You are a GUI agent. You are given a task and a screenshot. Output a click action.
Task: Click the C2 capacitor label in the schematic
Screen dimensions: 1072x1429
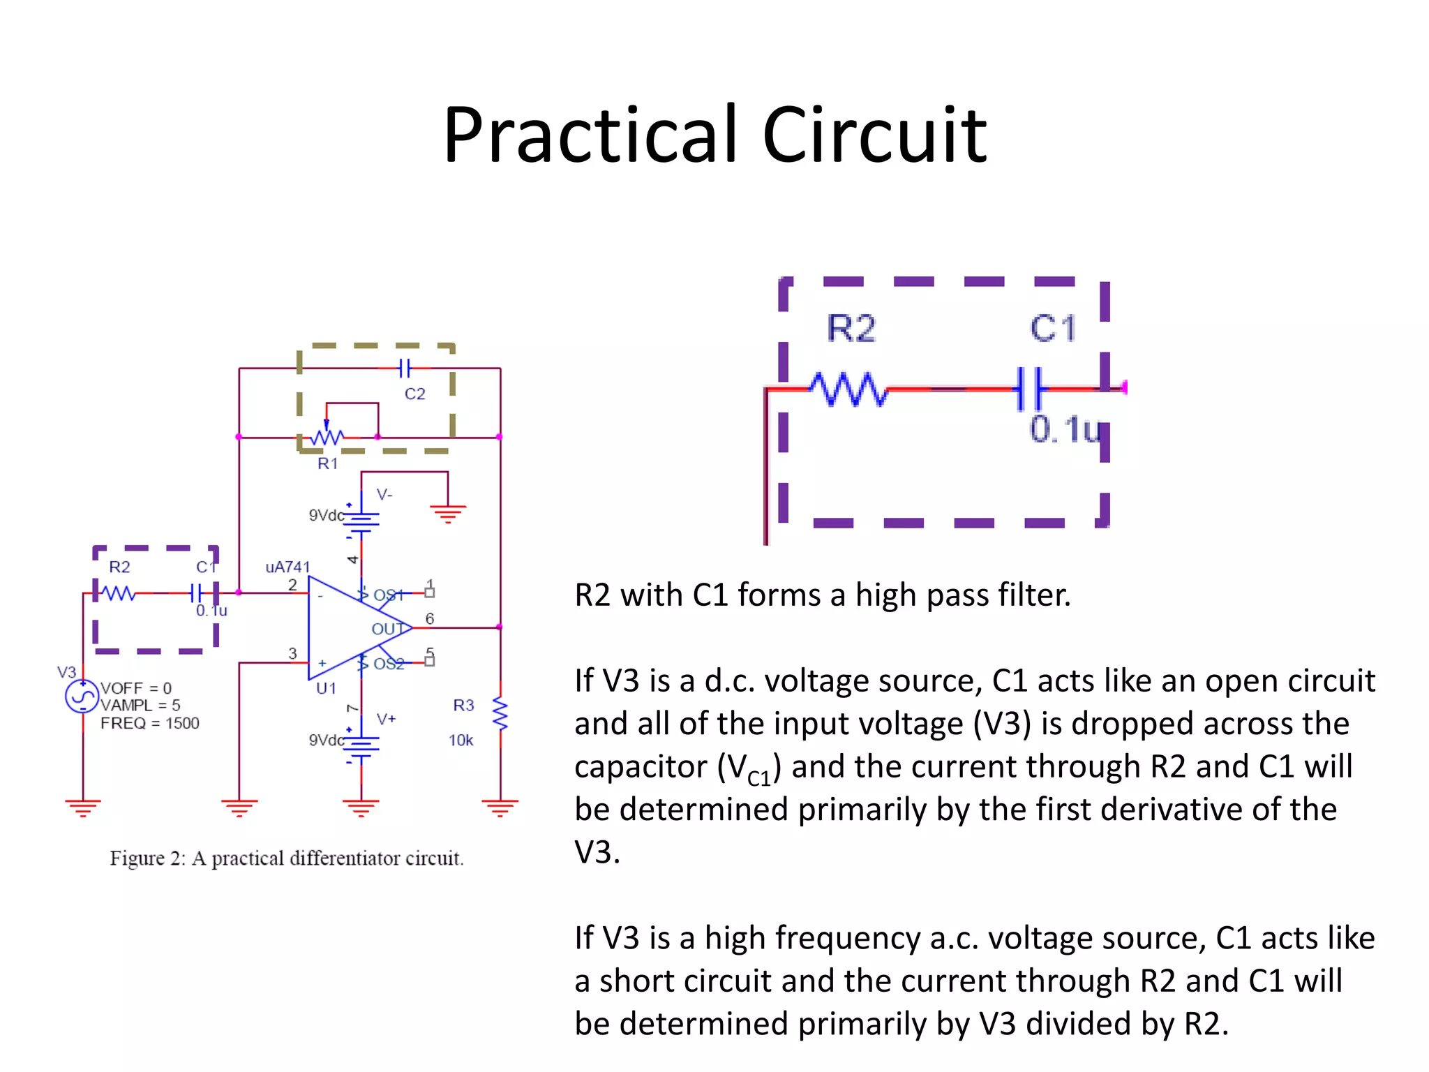click(x=414, y=394)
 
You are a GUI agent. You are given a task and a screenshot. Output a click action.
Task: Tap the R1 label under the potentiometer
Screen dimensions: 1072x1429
click(x=327, y=463)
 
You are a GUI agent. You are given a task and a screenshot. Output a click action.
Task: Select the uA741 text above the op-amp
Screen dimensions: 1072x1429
click(x=287, y=567)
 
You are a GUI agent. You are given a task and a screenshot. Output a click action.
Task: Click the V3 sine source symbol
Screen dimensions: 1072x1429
click(x=82, y=697)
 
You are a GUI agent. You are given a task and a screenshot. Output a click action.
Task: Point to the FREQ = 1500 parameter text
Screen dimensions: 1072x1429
click(x=149, y=723)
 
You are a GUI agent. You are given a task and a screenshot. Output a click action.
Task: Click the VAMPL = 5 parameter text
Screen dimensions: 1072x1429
click(x=140, y=705)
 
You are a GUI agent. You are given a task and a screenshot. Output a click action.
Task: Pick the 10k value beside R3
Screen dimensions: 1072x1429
click(x=461, y=740)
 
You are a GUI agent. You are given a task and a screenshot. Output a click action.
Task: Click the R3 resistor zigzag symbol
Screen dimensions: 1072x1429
click(x=500, y=713)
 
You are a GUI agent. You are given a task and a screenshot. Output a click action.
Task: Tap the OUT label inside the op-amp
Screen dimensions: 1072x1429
click(x=388, y=629)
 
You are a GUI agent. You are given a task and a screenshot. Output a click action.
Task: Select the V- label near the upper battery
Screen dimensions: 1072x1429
click(x=384, y=494)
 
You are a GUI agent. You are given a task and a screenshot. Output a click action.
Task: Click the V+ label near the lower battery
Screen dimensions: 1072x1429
click(x=386, y=718)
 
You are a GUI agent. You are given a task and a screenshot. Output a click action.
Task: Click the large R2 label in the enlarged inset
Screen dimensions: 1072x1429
click(x=851, y=328)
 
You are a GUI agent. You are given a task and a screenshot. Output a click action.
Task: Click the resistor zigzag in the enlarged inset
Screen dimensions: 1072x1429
click(x=848, y=389)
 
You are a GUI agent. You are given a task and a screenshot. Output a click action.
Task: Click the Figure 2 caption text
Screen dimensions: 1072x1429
click(x=286, y=858)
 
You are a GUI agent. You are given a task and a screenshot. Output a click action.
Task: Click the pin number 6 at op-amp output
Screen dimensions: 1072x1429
click(x=430, y=618)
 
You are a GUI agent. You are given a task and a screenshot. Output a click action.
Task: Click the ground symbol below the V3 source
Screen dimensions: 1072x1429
click(x=83, y=808)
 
